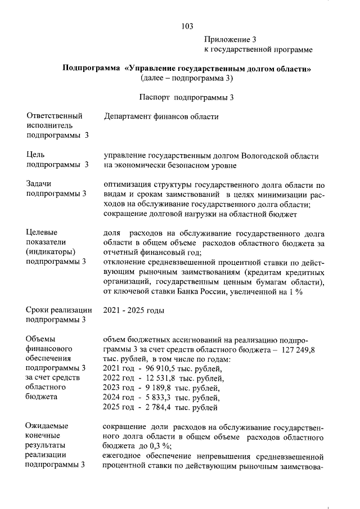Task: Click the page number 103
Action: pyautogui.click(x=188, y=26)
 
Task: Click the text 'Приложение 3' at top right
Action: pyautogui.click(x=229, y=40)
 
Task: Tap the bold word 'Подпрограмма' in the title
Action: pyautogui.click(x=91, y=69)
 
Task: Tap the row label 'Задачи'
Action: pyautogui.click(x=39, y=184)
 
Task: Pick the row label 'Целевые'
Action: pyautogui.click(x=42, y=232)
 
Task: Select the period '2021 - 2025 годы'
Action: pyautogui.click(x=134, y=310)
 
